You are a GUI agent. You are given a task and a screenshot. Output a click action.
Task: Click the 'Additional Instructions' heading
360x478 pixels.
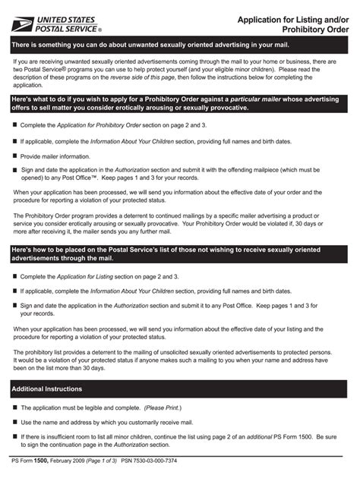coord(47,389)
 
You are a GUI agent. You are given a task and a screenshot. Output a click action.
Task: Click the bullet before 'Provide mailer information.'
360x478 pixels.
coord(14,156)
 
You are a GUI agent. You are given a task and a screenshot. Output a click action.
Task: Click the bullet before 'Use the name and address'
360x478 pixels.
coord(14,422)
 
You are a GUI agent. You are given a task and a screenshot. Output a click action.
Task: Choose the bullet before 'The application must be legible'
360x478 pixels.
coord(14,407)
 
